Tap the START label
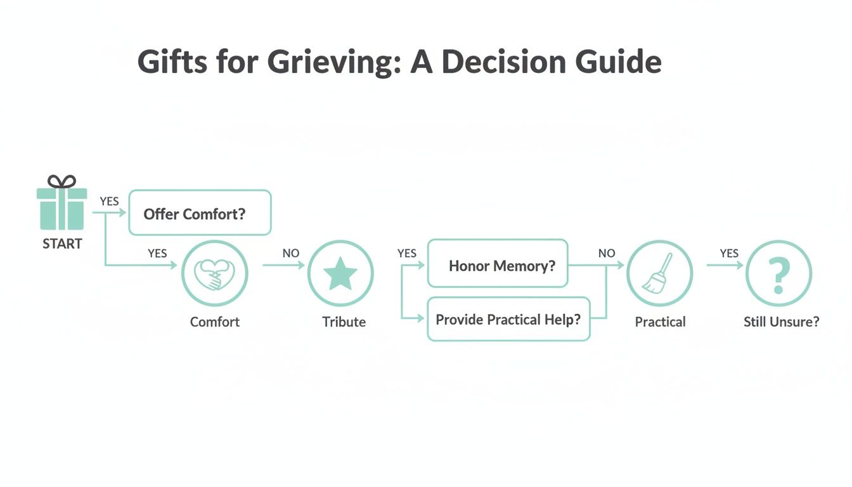[62, 244]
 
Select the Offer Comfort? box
[200, 213]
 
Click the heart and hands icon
[214, 274]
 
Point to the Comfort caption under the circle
[215, 321]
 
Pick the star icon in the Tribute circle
[340, 274]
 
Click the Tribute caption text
[344, 321]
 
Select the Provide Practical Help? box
[508, 319]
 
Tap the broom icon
[659, 274]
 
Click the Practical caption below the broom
[660, 321]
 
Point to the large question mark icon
[778, 274]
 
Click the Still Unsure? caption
[781, 321]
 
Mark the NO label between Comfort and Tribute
[291, 253]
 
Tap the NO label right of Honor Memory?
[607, 253]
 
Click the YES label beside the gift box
[109, 201]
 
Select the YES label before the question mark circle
[729, 253]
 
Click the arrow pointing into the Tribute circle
[298, 265]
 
